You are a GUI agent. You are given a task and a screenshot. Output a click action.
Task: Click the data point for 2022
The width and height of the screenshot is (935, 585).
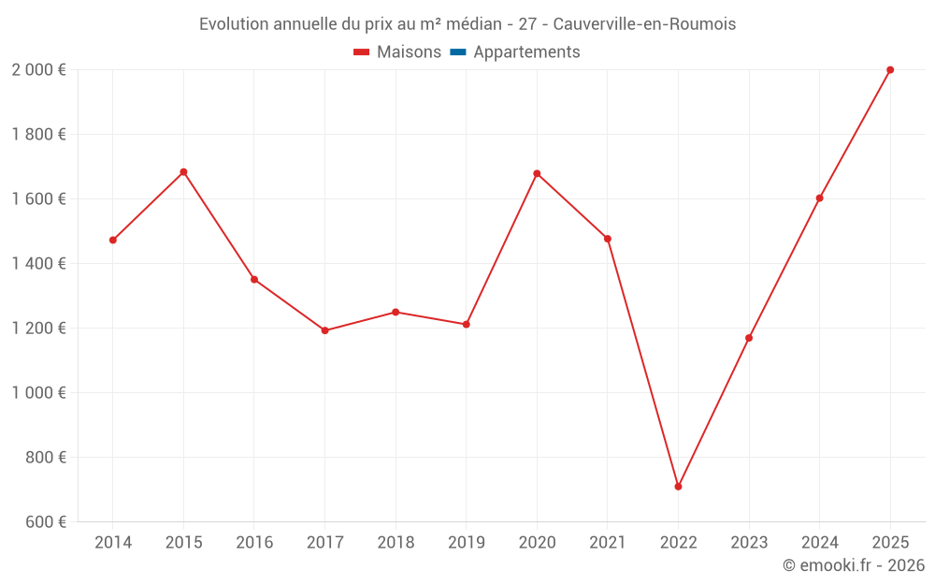(x=678, y=487)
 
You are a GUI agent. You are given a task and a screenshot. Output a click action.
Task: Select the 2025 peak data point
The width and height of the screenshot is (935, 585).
(x=890, y=70)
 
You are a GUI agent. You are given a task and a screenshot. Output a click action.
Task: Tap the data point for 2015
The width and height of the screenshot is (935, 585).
(x=183, y=172)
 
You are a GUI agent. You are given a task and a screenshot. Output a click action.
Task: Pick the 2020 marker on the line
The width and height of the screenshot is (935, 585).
(x=537, y=173)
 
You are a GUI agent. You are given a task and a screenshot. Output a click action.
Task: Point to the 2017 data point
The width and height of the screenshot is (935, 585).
(x=324, y=330)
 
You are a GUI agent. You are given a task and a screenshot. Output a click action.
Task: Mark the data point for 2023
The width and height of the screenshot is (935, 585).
(x=749, y=338)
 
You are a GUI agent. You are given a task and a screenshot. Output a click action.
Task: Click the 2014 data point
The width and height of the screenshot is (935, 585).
(x=113, y=241)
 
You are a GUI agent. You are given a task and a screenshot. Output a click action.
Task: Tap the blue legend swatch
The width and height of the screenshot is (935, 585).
(x=457, y=52)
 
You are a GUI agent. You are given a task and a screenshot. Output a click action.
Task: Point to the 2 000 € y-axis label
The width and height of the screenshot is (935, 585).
(x=38, y=70)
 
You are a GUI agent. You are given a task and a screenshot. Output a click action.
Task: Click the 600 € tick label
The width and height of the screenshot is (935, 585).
(x=45, y=522)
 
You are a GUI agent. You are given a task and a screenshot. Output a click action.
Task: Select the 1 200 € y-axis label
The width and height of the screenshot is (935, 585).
(x=38, y=329)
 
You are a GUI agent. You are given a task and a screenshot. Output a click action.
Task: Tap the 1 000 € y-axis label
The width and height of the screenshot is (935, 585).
(x=38, y=393)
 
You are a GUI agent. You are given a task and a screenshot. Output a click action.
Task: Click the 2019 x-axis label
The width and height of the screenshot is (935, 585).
(x=466, y=543)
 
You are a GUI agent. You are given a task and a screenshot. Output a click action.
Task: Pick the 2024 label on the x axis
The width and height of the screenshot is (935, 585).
(x=819, y=543)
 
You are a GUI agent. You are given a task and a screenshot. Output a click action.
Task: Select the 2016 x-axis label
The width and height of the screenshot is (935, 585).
(x=254, y=543)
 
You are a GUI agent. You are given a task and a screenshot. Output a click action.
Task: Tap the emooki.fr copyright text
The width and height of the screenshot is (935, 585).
(x=854, y=565)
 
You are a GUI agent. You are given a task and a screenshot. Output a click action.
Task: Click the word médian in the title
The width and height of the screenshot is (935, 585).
(x=475, y=24)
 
